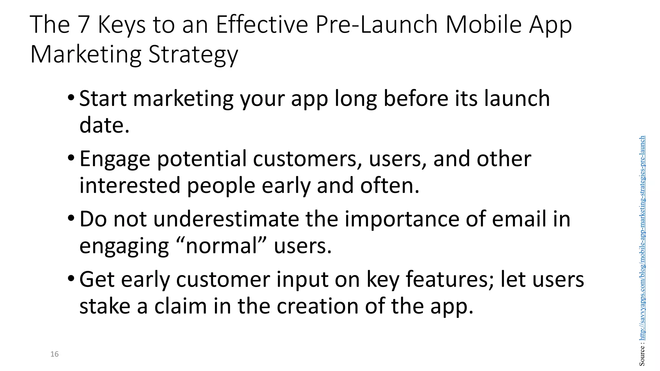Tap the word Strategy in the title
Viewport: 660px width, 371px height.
[x=193, y=55]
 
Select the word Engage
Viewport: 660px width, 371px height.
[x=115, y=160]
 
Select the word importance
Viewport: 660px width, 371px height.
[x=402, y=220]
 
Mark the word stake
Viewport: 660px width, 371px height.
[x=105, y=306]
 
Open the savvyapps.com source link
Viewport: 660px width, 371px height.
[x=642, y=238]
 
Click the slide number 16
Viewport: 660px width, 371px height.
[x=54, y=354]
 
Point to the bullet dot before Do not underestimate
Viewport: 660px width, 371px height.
[x=71, y=218]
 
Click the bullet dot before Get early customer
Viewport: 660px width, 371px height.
[x=71, y=278]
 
